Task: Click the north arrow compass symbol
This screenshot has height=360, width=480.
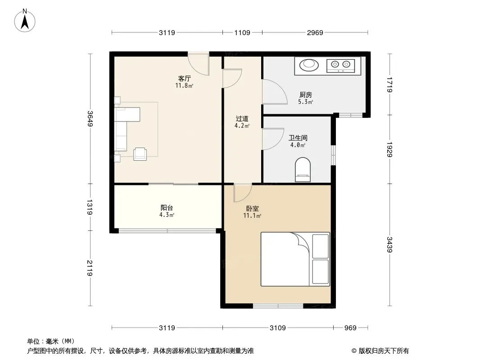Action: coord(25,21)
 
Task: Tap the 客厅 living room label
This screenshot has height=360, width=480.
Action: coord(184,79)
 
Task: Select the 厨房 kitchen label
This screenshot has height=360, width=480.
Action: coord(305,95)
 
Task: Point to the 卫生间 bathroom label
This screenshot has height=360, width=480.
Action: coord(298,138)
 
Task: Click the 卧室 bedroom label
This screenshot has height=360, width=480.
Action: coord(253,209)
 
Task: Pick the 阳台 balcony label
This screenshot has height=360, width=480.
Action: coord(167,208)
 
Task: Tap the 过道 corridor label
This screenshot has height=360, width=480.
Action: coord(242,118)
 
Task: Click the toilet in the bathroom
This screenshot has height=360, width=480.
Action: coord(303,170)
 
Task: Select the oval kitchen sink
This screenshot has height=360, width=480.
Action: coord(309,65)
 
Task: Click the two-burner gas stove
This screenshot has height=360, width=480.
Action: coord(341,65)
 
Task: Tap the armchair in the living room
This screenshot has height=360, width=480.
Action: coord(140,154)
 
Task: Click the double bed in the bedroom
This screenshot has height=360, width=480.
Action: coord(295,259)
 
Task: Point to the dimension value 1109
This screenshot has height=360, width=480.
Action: coord(242,32)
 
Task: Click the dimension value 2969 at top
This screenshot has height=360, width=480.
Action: coord(315,32)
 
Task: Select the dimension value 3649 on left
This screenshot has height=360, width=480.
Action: coord(90,118)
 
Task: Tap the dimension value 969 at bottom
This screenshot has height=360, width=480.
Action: coord(350,328)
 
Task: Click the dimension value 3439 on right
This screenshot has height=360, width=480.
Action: coord(389,245)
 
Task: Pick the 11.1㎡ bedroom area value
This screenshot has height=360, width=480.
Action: coord(252,216)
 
